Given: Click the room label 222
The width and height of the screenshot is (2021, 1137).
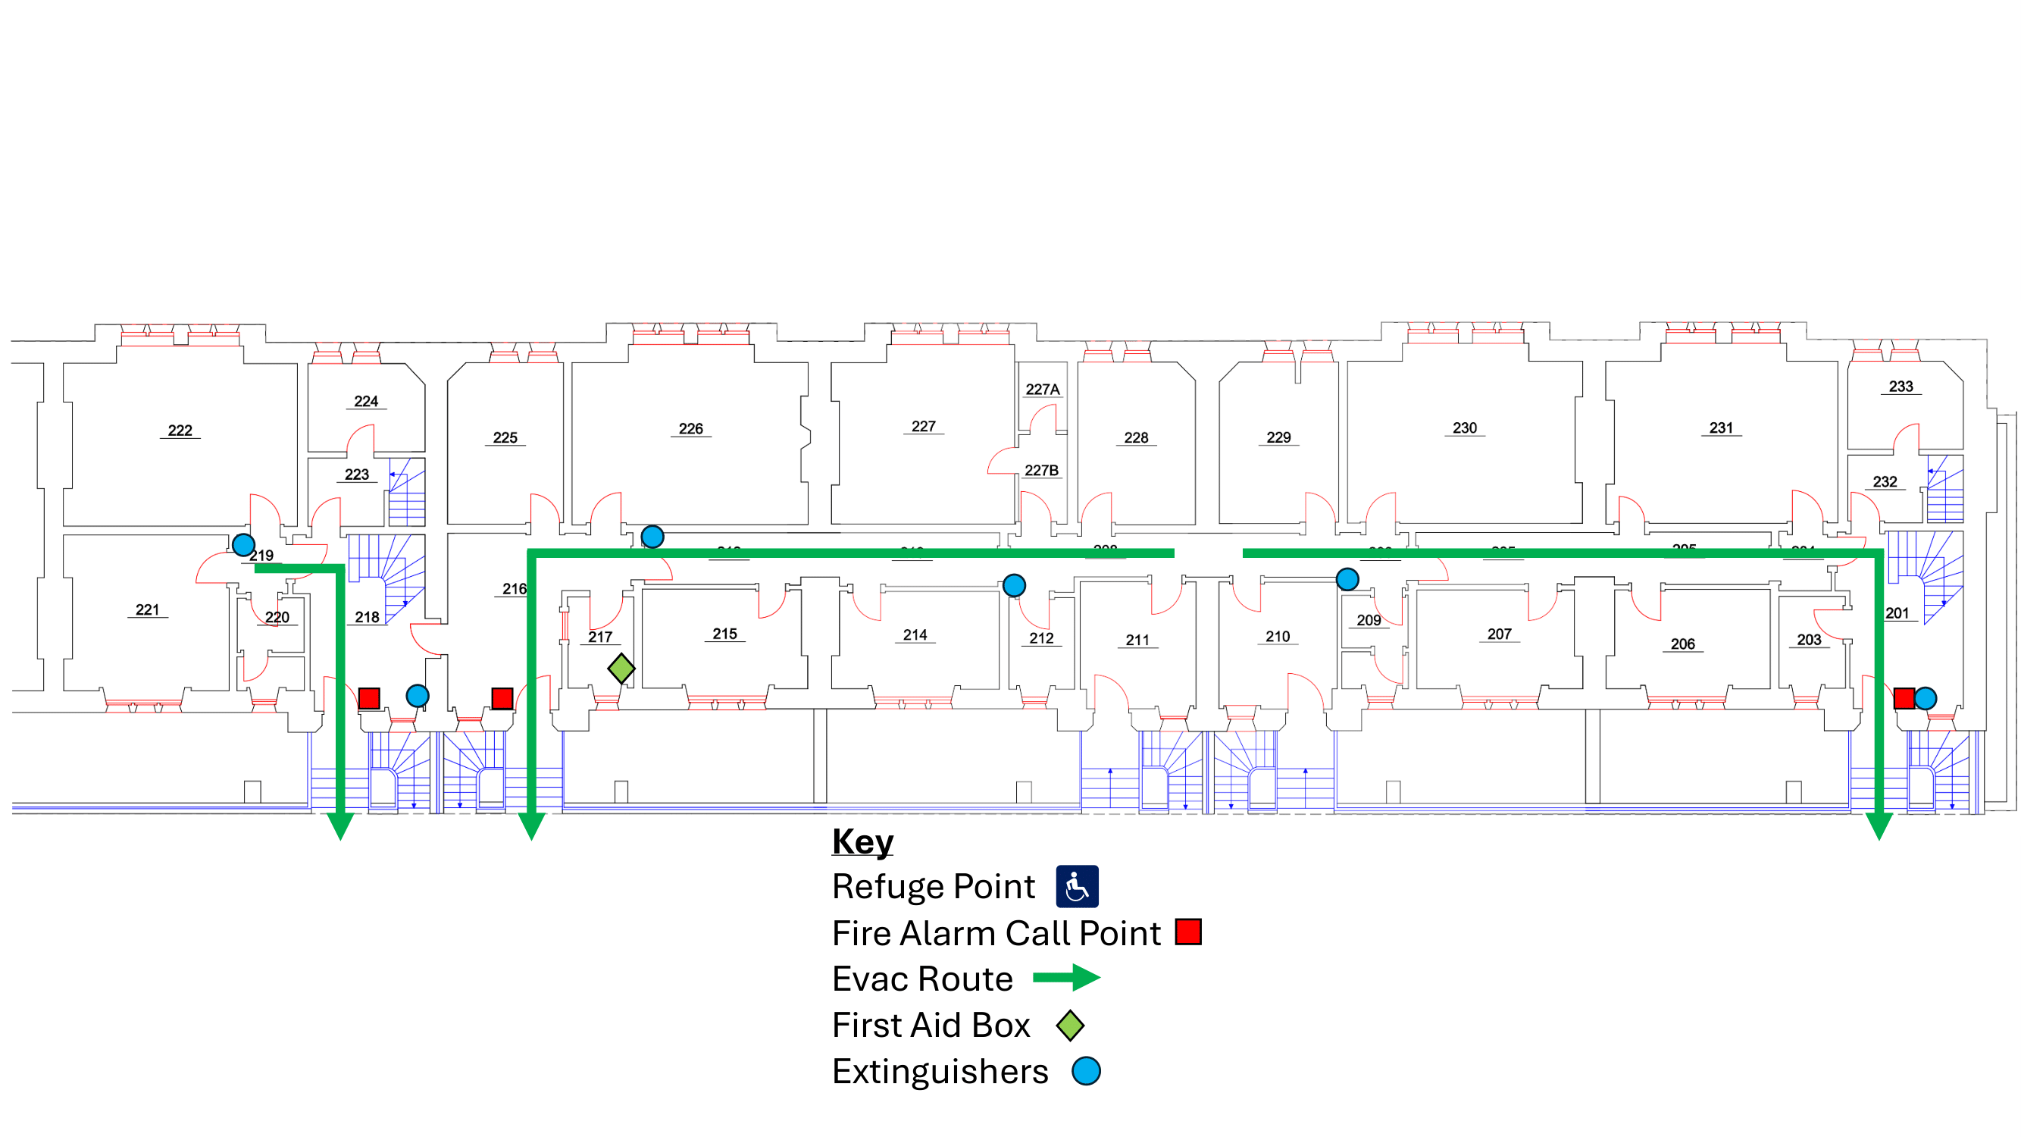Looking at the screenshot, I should click(x=180, y=430).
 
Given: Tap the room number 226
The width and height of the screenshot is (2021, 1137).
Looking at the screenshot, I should click(x=690, y=428).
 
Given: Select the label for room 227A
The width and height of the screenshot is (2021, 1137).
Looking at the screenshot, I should click(x=1042, y=389).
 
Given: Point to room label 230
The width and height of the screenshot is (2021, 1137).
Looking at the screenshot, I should click(x=1464, y=428).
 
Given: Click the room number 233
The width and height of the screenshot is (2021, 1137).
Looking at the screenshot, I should click(x=1901, y=386).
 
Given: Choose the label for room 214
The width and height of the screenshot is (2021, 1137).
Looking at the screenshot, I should click(x=915, y=634).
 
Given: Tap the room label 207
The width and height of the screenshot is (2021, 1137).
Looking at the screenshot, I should click(x=1498, y=634).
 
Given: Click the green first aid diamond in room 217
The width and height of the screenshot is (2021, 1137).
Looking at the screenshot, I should click(x=621, y=669).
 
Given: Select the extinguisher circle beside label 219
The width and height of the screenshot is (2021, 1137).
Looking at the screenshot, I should click(x=243, y=543).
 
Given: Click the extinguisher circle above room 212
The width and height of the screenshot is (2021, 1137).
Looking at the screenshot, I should click(x=1014, y=584).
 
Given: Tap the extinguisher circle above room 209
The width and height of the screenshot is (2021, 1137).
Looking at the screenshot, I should click(x=1347, y=579).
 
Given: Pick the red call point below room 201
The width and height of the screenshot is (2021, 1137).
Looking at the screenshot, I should click(x=1904, y=697).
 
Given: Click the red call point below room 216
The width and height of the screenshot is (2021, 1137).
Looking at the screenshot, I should click(x=502, y=697).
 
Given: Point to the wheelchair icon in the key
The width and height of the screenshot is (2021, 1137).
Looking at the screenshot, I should click(x=1076, y=887).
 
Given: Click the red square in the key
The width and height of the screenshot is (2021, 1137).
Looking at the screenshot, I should click(x=1187, y=932).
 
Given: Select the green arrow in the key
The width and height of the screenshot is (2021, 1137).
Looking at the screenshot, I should click(x=1066, y=978).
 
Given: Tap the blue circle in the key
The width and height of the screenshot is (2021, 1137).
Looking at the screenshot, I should click(x=1086, y=1071).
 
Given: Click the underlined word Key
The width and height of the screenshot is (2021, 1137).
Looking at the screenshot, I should click(x=862, y=841).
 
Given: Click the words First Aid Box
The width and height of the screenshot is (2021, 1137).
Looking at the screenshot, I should click(x=931, y=1025).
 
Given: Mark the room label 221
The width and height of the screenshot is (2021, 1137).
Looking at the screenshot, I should click(x=148, y=609).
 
